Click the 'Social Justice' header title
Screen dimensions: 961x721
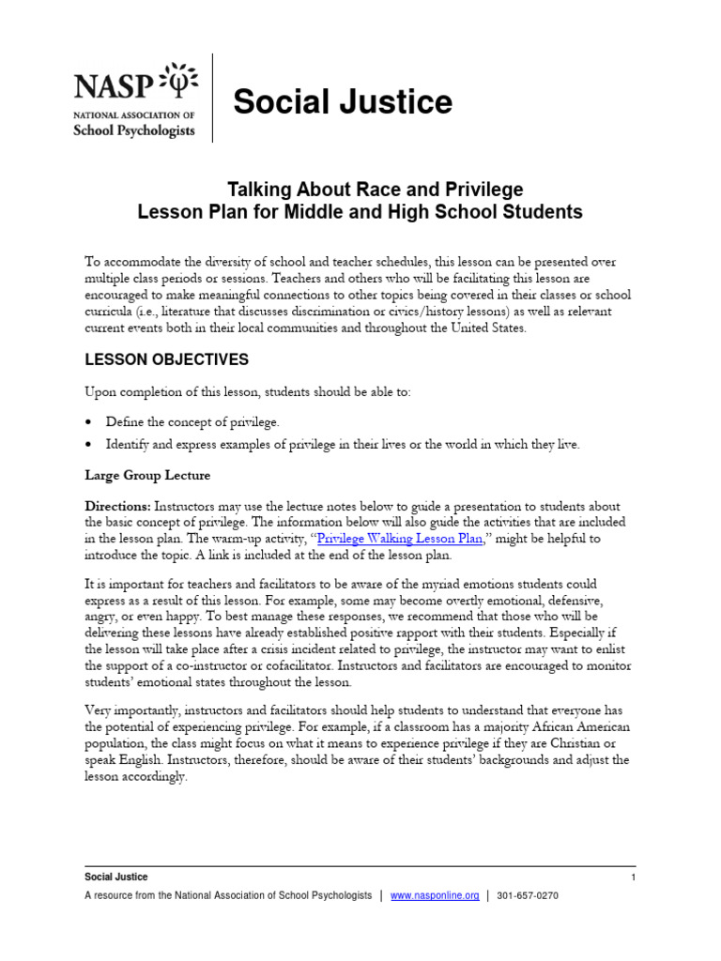(343, 102)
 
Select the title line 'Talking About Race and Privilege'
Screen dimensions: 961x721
(360, 191)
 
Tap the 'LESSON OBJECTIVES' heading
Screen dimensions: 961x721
(166, 359)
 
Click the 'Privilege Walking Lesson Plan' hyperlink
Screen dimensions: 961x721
(400, 539)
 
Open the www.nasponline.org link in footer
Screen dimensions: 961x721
(435, 896)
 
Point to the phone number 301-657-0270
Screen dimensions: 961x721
(528, 896)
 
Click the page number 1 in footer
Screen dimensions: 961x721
(634, 877)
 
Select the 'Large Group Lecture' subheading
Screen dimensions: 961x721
(147, 476)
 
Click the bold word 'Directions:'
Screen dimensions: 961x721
(117, 505)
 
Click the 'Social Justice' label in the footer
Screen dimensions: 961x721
(116, 877)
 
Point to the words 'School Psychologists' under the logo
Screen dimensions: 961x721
(134, 130)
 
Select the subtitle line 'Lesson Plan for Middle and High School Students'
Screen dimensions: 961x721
(360, 213)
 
